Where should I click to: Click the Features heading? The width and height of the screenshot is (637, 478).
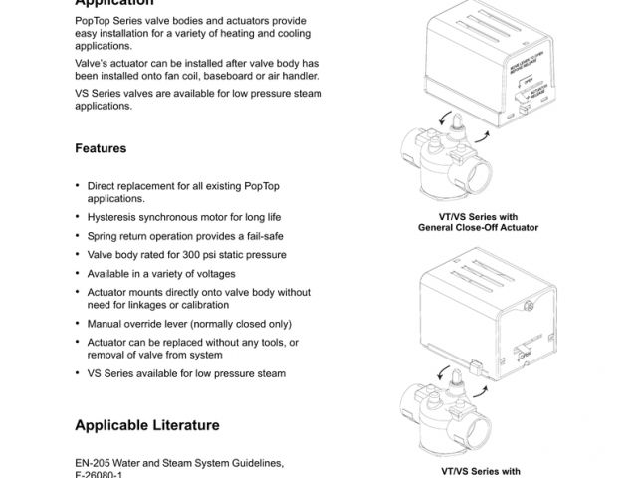click(x=101, y=148)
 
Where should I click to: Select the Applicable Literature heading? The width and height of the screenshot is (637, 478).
click(x=146, y=425)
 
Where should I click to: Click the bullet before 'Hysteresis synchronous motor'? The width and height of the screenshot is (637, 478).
click(x=78, y=216)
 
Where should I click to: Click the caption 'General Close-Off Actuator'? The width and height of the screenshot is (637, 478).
click(x=478, y=228)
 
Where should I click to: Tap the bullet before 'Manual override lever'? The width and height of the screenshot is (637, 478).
click(x=78, y=324)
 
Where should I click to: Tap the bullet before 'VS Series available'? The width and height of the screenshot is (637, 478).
click(x=78, y=373)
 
